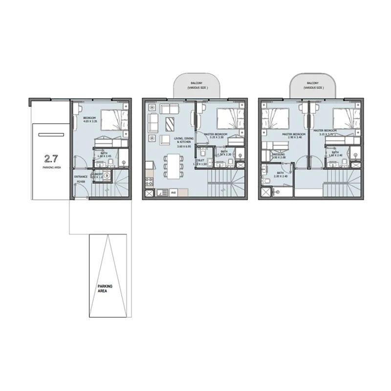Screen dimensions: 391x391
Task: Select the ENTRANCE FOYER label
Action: tap(80, 179)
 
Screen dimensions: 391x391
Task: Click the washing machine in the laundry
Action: tap(107, 176)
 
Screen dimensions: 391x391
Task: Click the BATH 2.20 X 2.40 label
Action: tap(280, 174)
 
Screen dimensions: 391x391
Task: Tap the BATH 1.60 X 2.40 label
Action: tap(336, 154)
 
